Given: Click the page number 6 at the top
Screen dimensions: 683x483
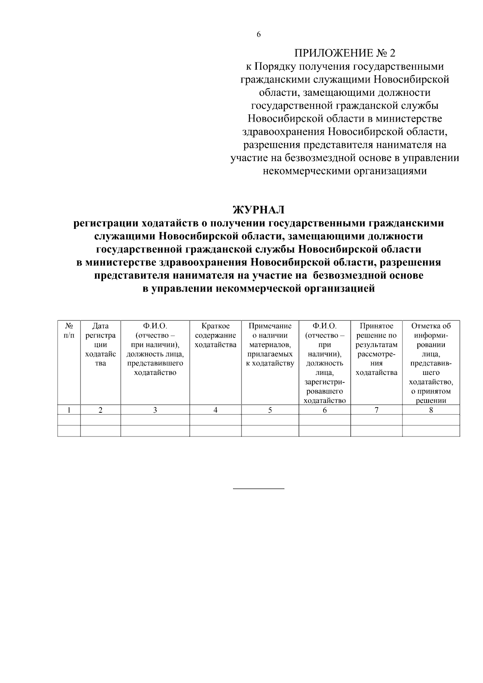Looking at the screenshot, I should [x=258, y=35].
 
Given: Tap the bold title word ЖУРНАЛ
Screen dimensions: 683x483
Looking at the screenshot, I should [x=258, y=210].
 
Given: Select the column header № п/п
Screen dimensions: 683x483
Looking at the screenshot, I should [x=69, y=330].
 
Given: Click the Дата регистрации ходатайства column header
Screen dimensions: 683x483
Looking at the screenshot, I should [x=100, y=345].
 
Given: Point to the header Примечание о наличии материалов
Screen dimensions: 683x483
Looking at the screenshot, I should [x=270, y=345].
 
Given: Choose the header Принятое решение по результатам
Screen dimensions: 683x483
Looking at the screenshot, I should [x=376, y=349].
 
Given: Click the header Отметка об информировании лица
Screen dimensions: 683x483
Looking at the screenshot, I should [x=431, y=363].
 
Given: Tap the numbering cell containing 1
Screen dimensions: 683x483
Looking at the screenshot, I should [x=69, y=410].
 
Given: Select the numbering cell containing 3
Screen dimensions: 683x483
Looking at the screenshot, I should [x=155, y=410].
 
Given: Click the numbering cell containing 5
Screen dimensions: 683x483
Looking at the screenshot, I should [x=270, y=410].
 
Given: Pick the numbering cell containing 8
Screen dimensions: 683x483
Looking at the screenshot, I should [x=431, y=410].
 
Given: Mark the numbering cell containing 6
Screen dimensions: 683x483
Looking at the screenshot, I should [x=324, y=410].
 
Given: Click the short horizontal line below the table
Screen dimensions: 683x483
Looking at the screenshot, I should [x=258, y=488].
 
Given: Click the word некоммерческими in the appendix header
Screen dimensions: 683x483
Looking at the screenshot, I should [x=306, y=171].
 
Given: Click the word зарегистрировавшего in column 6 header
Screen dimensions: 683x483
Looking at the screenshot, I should [x=324, y=386].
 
